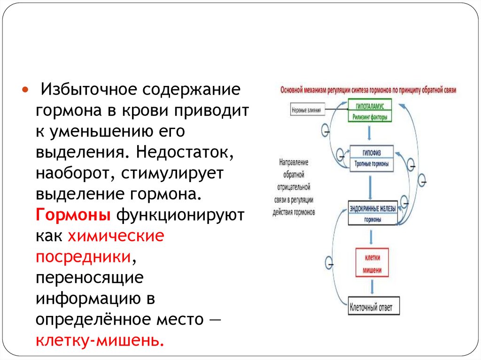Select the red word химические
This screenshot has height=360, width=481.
(116, 236)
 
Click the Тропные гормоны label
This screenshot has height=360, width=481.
(372, 165)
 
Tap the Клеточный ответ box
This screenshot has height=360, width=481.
(374, 308)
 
